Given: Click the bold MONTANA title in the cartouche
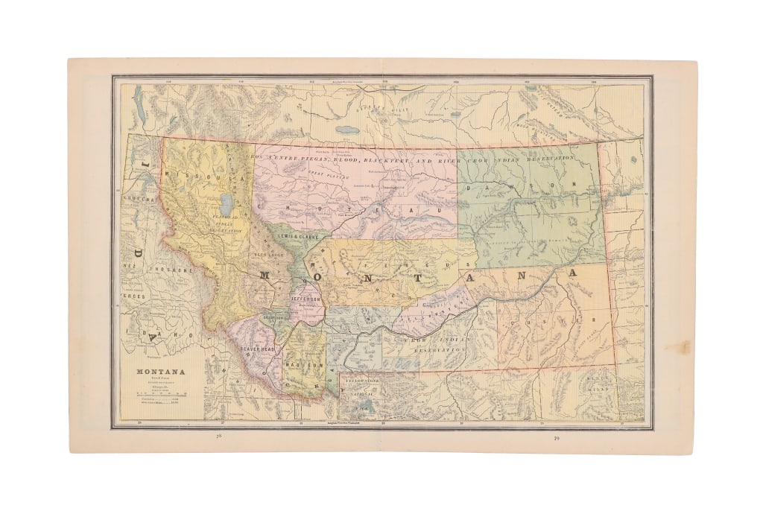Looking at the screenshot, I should [160, 372].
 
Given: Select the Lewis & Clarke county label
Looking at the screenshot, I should [298, 236].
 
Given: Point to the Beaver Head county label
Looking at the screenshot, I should [258, 349].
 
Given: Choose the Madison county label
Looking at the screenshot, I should [307, 366].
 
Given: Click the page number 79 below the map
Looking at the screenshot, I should [556, 438].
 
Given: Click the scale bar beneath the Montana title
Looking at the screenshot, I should [160, 393].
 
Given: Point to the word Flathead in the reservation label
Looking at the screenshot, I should [220, 218].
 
